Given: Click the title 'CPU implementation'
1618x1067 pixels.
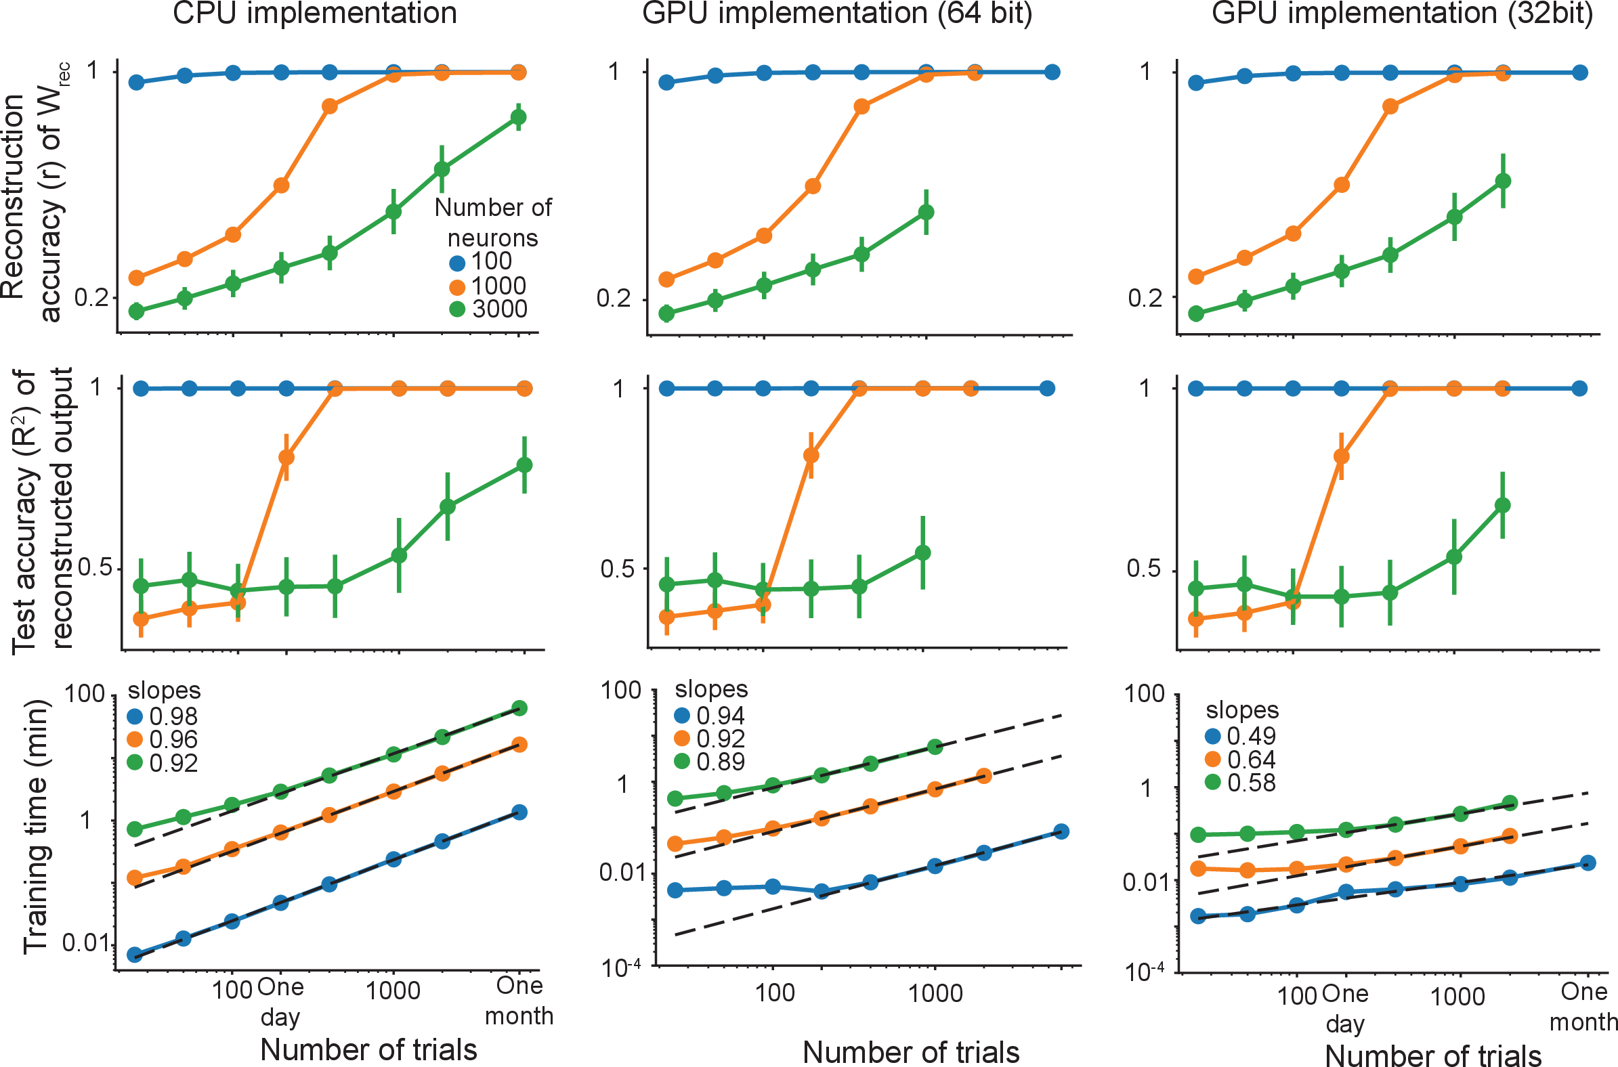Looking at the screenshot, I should tap(314, 14).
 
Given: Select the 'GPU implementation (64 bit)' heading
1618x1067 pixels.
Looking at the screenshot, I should tap(836, 14).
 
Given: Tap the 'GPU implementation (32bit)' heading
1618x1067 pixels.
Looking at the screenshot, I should tap(1401, 14).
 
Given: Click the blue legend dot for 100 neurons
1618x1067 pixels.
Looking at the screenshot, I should tap(457, 263).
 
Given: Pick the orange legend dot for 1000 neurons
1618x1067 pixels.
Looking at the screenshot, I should tap(457, 287).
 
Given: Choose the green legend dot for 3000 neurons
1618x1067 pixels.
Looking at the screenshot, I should tap(457, 309).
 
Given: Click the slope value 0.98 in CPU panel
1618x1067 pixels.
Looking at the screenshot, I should tap(173, 716).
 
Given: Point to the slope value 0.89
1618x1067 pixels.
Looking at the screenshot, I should tap(720, 762).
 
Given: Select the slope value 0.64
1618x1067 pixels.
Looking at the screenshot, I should tap(1251, 760).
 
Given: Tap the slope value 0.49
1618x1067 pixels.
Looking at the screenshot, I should tap(1251, 737).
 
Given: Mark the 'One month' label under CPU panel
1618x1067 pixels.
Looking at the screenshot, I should tap(519, 1001).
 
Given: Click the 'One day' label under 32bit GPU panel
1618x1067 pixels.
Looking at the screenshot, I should tap(1345, 1009).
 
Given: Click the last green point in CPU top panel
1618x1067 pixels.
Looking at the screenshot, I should tap(519, 117).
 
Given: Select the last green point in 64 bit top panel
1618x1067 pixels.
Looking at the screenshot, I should tap(926, 213).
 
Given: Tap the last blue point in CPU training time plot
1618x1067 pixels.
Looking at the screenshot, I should tap(519, 812).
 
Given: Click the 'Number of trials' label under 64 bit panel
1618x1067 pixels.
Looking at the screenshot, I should tap(911, 1052).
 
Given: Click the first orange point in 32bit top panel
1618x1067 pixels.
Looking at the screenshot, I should tap(1196, 276).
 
